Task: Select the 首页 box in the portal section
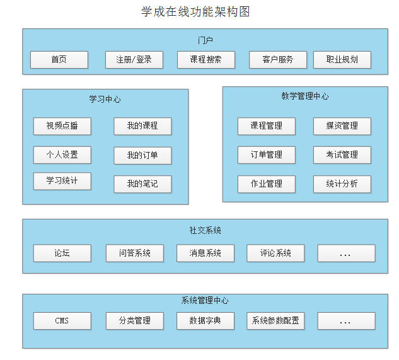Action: (59, 60)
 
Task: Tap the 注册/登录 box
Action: (134, 60)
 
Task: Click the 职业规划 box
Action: (342, 60)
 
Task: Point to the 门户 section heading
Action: (205, 40)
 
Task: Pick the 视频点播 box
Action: (62, 126)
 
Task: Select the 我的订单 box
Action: (142, 156)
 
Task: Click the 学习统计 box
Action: (62, 182)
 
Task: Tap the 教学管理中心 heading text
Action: (304, 96)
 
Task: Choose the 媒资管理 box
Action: (342, 126)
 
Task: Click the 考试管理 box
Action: (342, 155)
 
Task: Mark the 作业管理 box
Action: (266, 184)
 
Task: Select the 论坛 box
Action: (62, 253)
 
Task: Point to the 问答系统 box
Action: (135, 253)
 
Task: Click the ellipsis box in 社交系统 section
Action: (346, 253)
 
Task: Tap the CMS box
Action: (62, 321)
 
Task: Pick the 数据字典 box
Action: (205, 321)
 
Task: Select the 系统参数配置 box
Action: (275, 321)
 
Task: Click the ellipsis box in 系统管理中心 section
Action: (346, 321)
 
